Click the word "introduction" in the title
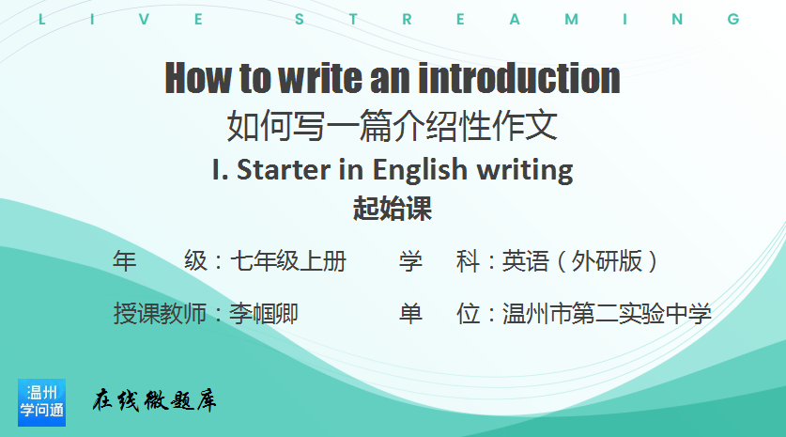click(519, 78)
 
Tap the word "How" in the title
click(199, 78)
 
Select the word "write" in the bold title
click(320, 78)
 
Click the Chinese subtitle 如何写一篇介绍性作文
click(393, 125)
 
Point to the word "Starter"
click(284, 169)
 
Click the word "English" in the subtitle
click(420, 170)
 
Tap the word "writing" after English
click(525, 170)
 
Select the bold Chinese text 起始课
click(393, 209)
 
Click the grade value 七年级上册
click(288, 261)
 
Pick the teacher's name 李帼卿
click(264, 314)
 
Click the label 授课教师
click(160, 314)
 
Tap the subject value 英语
click(525, 261)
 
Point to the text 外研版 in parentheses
click(607, 261)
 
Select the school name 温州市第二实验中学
click(607, 314)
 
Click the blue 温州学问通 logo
click(41, 402)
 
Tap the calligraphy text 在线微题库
click(154, 400)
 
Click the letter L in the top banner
click(42, 20)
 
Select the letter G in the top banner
click(733, 20)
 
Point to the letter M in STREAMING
click(572, 20)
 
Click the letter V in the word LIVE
click(145, 20)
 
